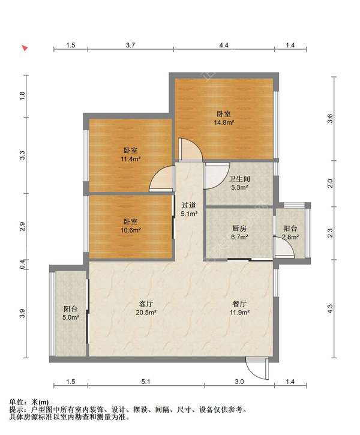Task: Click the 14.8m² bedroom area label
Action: [x=224, y=122]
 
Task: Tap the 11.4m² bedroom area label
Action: [x=130, y=159]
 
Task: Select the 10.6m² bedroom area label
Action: [x=130, y=230]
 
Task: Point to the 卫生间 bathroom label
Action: [x=239, y=179]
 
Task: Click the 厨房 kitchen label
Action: [x=239, y=229]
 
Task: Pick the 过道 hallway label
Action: [x=189, y=205]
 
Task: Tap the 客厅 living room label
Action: [x=146, y=304]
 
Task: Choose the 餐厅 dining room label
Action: [x=239, y=304]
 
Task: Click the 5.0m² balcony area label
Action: [x=71, y=317]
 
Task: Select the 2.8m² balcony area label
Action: [x=290, y=237]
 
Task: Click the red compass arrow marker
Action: [x=25, y=48]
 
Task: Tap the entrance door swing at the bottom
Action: [x=257, y=368]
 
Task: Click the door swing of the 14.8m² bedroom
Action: [x=190, y=149]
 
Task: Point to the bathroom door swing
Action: [x=217, y=176]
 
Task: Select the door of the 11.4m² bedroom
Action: [x=161, y=179]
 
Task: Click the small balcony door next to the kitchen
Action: [x=283, y=247]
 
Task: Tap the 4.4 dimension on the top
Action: [x=224, y=45]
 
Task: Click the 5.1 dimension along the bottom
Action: [x=146, y=382]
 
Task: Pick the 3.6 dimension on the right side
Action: [x=330, y=118]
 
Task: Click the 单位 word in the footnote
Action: [x=16, y=402]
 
